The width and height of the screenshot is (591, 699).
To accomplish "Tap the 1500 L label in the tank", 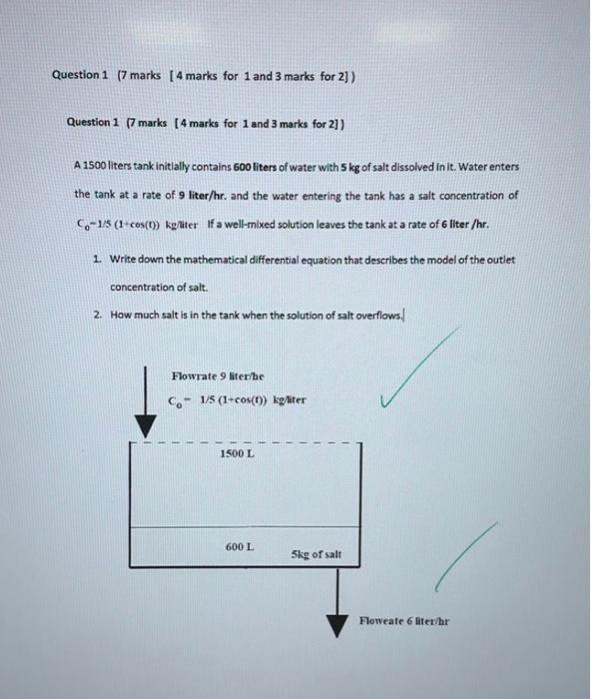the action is pos(236,454).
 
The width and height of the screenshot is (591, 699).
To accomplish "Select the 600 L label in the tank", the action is pos(239,547).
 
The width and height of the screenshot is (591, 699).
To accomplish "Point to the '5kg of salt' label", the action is pos(316,552).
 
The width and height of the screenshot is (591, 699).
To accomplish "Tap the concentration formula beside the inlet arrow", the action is pos(237,400).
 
